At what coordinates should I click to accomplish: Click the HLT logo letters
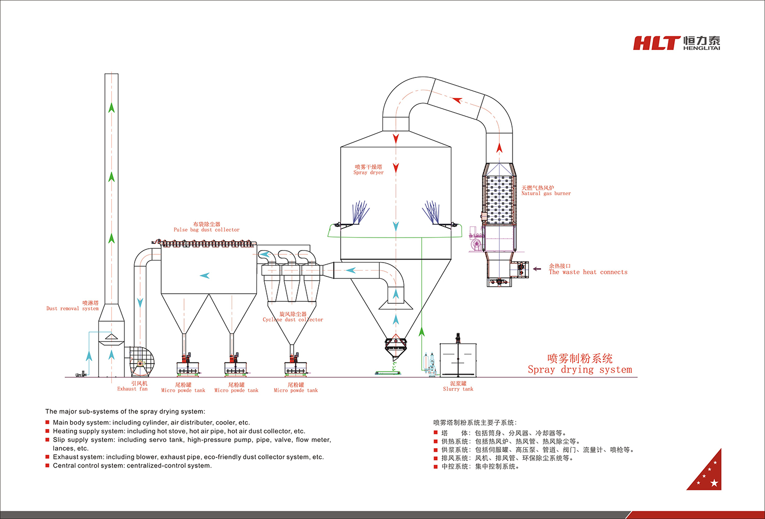656,43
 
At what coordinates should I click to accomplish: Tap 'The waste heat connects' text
588,272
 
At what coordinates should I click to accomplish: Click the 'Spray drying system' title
580,370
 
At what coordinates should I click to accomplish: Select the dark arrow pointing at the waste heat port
537,269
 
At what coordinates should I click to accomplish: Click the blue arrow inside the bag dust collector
205,276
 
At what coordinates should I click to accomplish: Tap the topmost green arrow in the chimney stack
111,108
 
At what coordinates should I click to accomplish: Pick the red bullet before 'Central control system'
47,465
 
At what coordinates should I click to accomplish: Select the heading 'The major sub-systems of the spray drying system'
125,411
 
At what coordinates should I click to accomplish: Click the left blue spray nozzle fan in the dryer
360,212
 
